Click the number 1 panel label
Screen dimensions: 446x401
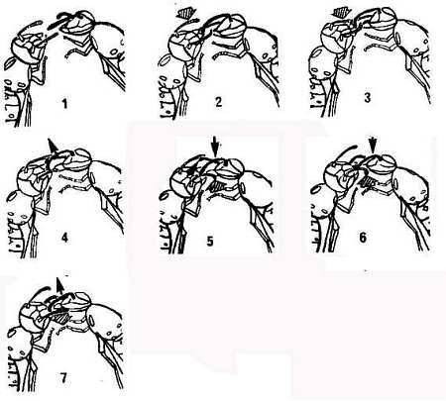pos(64,104)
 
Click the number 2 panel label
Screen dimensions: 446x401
pos(218,102)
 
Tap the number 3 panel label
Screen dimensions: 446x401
pos(368,97)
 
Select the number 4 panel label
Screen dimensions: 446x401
pos(64,237)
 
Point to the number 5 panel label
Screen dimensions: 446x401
pos(210,241)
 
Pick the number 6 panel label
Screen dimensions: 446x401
pos(363,237)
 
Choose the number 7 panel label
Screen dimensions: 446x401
pos(63,377)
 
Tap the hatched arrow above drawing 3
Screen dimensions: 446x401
pos(340,13)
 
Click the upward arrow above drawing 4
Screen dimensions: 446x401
pos(52,145)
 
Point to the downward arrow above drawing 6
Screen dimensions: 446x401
pos(373,146)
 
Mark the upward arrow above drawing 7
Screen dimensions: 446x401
pos(59,286)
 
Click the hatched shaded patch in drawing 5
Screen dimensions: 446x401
pos(218,186)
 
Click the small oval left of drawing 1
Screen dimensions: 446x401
pos(10,63)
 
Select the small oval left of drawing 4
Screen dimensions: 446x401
pos(12,196)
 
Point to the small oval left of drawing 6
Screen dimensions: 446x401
pos(317,189)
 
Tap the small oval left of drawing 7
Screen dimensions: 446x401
pos(12,333)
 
